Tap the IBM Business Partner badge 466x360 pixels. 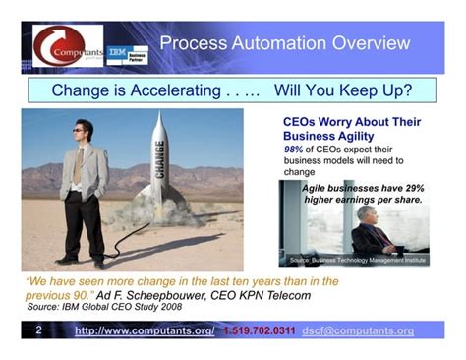click(127, 55)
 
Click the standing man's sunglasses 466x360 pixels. click(85, 128)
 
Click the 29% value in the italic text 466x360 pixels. click(407, 187)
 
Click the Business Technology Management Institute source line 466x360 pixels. click(358, 261)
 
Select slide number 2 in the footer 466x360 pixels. click(39, 330)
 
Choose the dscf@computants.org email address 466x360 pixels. click(358, 331)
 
